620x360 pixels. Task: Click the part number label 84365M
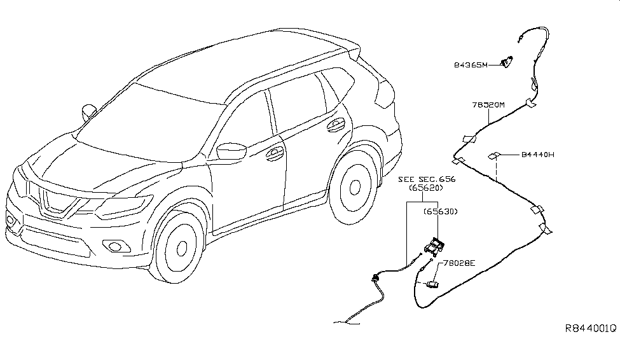tap(470, 64)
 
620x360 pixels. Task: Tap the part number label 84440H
tap(538, 155)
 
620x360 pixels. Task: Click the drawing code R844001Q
tap(591, 328)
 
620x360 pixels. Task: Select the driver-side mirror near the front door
tap(227, 151)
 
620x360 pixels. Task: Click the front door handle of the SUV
tap(275, 152)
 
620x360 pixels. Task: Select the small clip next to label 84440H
tap(494, 155)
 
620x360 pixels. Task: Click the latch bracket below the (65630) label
tap(435, 245)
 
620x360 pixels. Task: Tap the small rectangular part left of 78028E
tap(432, 284)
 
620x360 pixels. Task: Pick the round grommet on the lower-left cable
tap(372, 277)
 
